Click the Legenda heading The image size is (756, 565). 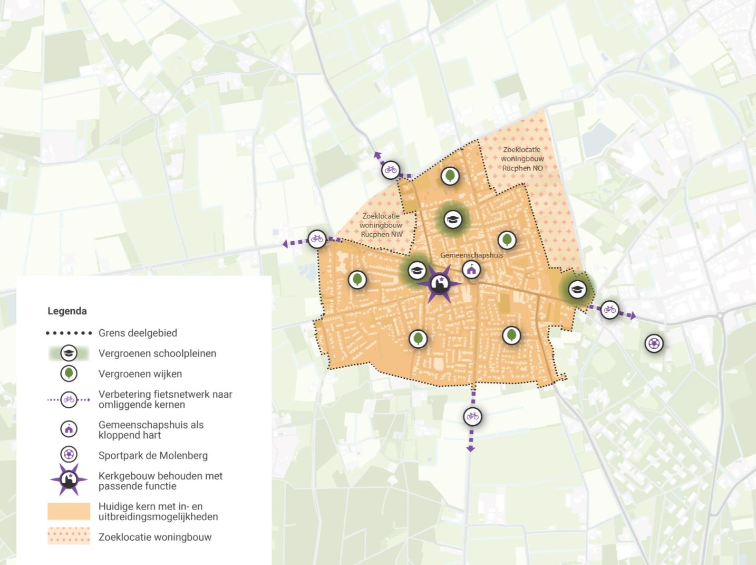pos(67,311)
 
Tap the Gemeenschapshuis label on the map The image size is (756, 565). pos(471,255)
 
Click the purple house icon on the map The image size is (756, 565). pos(471,270)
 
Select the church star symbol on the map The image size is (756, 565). pos(439,284)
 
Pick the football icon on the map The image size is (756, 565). pos(654,343)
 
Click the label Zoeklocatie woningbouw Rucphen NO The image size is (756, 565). pos(522,159)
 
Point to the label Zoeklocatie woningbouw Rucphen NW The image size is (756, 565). pos(381,225)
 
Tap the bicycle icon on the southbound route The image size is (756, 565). pos(472,417)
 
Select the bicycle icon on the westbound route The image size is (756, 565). pos(317,238)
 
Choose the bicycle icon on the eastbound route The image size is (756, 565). pos(609,309)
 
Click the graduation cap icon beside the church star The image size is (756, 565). pos(416,271)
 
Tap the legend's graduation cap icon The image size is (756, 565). pos(69,353)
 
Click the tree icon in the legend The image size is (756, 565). pos(69,374)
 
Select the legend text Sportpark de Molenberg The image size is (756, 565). pos(153,455)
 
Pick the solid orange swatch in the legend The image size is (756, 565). pos(69,511)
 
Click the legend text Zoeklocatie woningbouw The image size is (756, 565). pos(155,537)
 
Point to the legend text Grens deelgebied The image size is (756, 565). pos(138,333)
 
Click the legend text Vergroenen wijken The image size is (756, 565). pos(140,374)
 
